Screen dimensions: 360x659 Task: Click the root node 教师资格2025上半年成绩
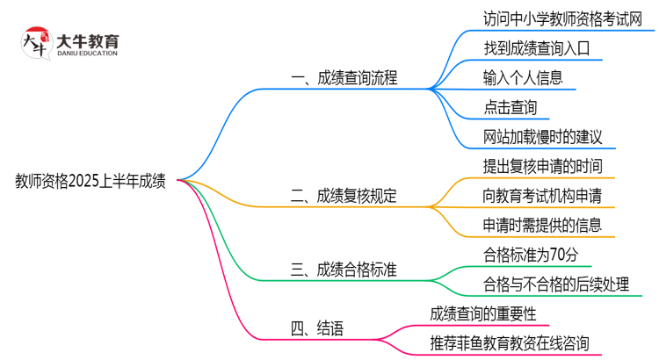[x=91, y=182]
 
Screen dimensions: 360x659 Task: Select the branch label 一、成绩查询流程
[x=344, y=78]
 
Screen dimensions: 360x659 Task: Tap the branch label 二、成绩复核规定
[x=344, y=196]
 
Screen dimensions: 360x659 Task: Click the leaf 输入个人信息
[x=523, y=78]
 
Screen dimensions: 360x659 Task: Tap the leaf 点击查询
[x=510, y=108]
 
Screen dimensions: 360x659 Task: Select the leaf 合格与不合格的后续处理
[x=556, y=284]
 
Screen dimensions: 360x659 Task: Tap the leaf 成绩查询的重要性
[x=483, y=313]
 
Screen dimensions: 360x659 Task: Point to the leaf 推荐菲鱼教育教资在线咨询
[x=510, y=343]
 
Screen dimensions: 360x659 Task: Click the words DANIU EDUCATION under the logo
[x=87, y=54]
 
